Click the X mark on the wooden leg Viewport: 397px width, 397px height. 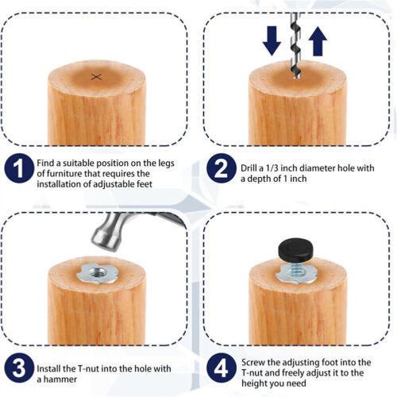click(96, 77)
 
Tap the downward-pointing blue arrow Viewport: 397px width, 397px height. click(272, 40)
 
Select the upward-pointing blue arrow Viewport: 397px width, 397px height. click(318, 41)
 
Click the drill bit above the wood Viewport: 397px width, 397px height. click(295, 45)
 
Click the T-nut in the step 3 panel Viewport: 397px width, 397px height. click(98, 274)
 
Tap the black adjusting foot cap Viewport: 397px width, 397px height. click(295, 249)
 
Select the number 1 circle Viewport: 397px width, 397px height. click(19, 168)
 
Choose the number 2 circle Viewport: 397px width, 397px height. click(221, 168)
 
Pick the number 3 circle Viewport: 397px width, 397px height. click(19, 368)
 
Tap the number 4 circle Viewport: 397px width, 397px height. click(221, 368)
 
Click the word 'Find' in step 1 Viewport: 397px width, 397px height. click(45, 163)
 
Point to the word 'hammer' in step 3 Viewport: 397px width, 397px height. click(60, 380)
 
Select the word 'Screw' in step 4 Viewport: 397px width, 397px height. click(253, 362)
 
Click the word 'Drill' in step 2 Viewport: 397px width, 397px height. click(249, 168)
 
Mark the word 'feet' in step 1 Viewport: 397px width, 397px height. click(145, 184)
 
